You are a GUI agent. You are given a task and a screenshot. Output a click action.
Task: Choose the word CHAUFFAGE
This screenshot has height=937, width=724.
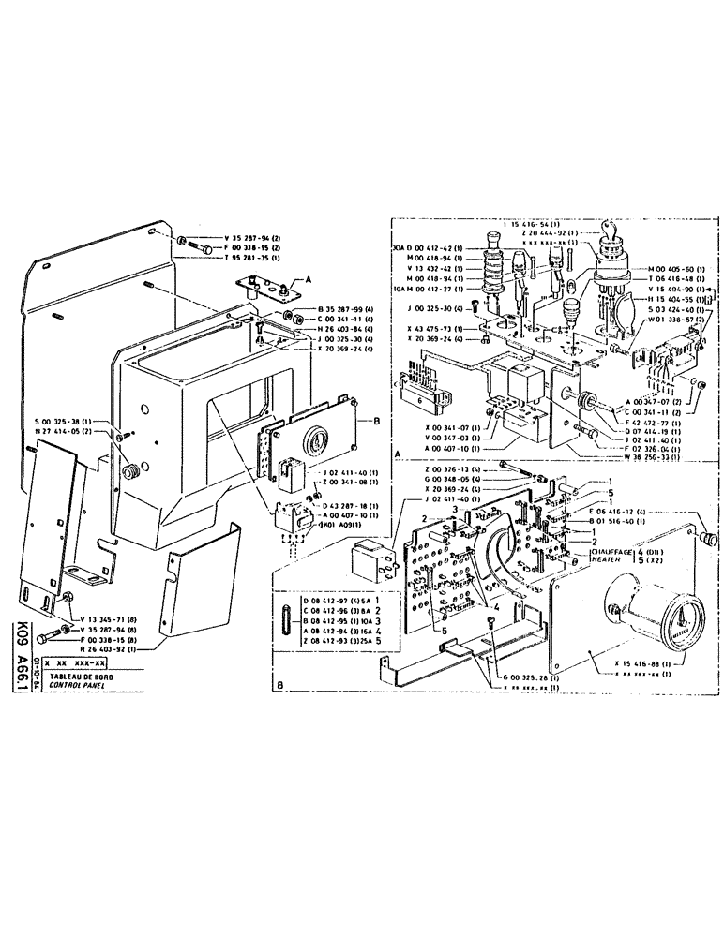pos(609,552)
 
